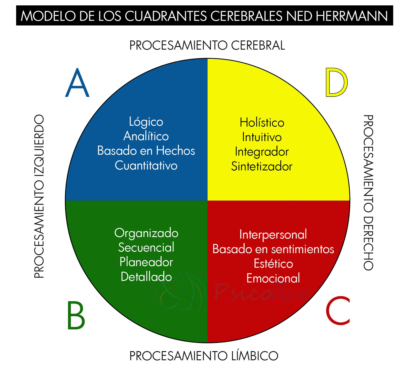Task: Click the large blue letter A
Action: coord(77,83)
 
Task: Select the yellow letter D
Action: coord(336,82)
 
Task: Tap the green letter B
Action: coord(76,316)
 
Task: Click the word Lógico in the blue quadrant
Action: coord(146,122)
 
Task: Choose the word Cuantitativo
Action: coord(146,165)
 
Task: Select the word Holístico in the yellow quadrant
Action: coord(262,122)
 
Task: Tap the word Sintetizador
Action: coord(262,167)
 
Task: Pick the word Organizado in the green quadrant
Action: coord(146,233)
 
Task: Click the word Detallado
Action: coord(146,277)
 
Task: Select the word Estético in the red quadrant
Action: coord(273,264)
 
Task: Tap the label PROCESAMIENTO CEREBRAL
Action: coord(207,46)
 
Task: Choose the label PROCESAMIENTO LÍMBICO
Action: coord(204,356)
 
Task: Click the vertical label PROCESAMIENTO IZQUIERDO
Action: coord(39,196)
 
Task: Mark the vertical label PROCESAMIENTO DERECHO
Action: coord(368,193)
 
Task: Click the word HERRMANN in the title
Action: coord(352,16)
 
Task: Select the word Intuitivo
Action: coord(262,137)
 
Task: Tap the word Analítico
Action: coord(146,136)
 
